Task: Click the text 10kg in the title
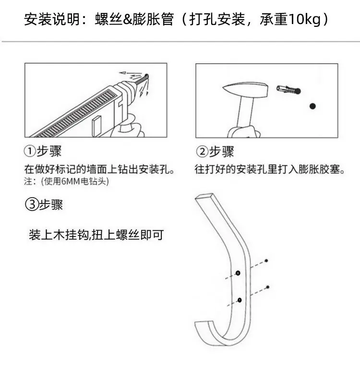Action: click(304, 19)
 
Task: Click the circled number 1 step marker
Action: click(30, 151)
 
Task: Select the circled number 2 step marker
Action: click(202, 152)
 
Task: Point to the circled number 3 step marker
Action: click(32, 204)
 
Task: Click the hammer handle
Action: click(245, 112)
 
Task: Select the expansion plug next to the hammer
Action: click(288, 89)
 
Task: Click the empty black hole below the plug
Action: click(312, 106)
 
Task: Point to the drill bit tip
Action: click(147, 76)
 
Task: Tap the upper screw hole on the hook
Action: click(238, 273)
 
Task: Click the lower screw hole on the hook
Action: click(240, 300)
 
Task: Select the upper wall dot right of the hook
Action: click(266, 261)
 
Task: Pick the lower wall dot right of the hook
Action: click(267, 287)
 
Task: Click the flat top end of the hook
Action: click(205, 197)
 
